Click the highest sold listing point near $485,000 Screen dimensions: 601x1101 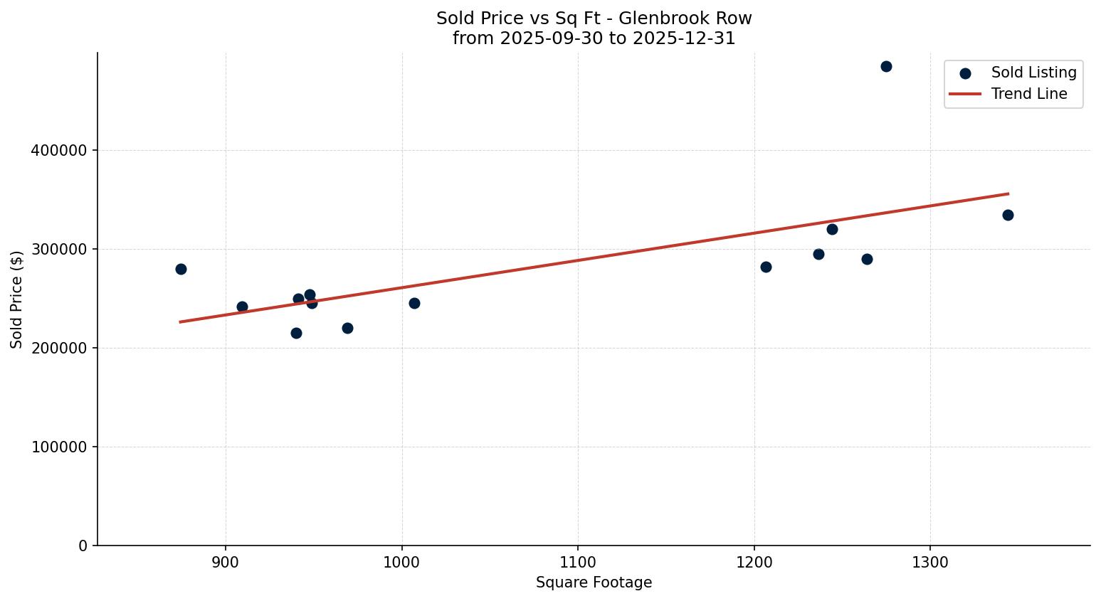click(x=886, y=67)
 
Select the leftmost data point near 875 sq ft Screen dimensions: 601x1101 click(x=181, y=269)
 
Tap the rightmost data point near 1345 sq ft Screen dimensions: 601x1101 click(x=1008, y=215)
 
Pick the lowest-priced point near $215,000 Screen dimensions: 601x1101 click(x=296, y=333)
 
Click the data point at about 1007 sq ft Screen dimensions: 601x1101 click(x=414, y=303)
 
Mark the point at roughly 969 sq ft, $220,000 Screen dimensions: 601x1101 click(x=347, y=328)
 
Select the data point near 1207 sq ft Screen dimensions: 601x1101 click(x=766, y=267)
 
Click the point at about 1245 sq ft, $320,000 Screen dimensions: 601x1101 click(x=832, y=229)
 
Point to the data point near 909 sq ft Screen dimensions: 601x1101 click(x=242, y=307)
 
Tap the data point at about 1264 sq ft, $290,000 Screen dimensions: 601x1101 click(x=867, y=259)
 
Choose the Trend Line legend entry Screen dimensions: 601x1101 click(x=1028, y=94)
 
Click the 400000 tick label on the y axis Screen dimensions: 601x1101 click(x=60, y=151)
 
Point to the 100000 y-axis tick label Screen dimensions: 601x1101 click(x=60, y=447)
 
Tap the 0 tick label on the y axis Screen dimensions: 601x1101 click(x=83, y=546)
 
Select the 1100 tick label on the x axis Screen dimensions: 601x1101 click(x=578, y=563)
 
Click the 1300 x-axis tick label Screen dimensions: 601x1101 click(x=930, y=563)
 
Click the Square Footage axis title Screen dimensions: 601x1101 click(x=594, y=583)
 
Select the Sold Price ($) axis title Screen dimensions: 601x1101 click(x=16, y=299)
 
